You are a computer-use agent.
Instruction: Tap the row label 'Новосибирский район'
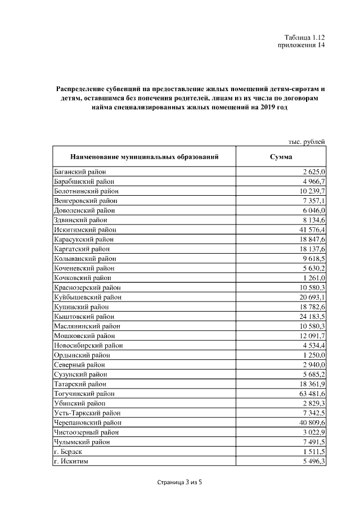tap(88, 345)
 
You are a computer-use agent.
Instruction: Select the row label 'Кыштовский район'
tap(83, 317)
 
